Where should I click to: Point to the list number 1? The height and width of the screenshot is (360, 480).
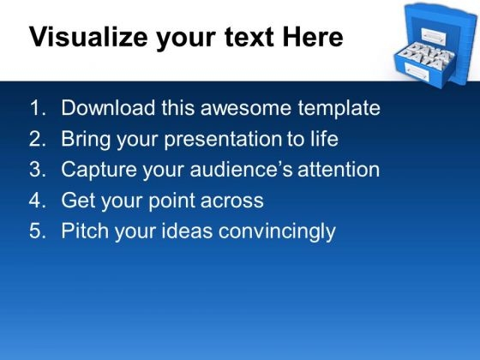(38, 108)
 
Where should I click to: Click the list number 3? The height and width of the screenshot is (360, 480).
(38, 170)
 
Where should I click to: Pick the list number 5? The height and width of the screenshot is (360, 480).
(38, 231)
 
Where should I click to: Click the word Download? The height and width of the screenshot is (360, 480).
(108, 108)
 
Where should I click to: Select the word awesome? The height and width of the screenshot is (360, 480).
(246, 108)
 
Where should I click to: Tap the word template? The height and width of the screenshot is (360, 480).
(339, 109)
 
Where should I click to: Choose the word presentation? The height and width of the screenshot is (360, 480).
(223, 140)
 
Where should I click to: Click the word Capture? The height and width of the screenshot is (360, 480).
(99, 171)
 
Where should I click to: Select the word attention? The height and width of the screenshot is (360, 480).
(339, 170)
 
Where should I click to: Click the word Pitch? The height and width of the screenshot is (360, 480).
(85, 231)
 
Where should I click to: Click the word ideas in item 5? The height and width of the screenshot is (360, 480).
(187, 231)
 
